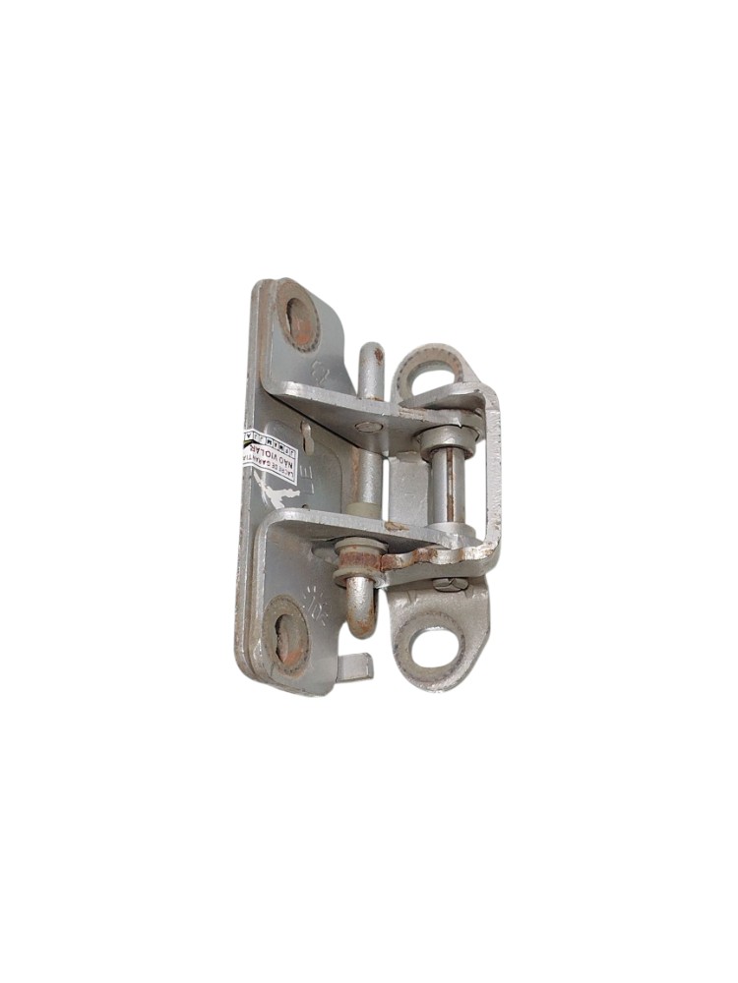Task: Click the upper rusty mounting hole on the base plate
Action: tap(297, 318)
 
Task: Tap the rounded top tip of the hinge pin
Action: tap(372, 353)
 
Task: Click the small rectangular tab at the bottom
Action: tap(355, 667)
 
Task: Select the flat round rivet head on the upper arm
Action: tap(368, 427)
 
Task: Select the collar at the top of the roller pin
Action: tap(438, 434)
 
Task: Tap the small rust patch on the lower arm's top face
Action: tap(396, 527)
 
